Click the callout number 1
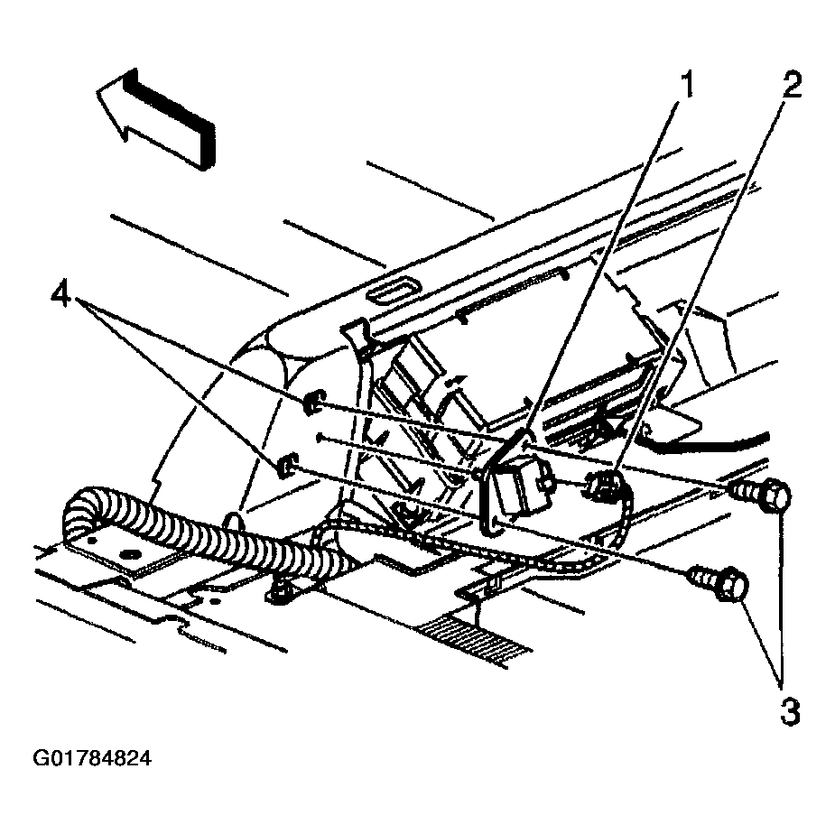[x=688, y=86]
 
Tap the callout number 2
[x=791, y=86]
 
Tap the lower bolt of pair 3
[x=719, y=583]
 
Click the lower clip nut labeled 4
[x=285, y=466]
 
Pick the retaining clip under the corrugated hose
[x=280, y=591]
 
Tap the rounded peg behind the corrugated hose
[x=233, y=525]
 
